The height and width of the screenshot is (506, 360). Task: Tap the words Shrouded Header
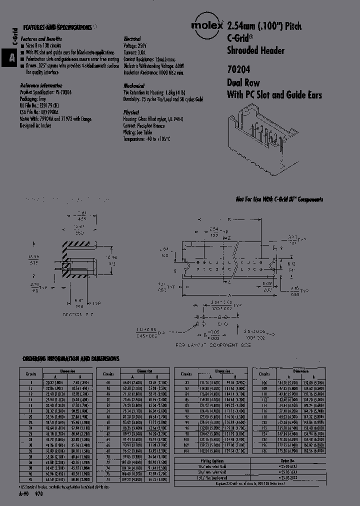(x=255, y=50)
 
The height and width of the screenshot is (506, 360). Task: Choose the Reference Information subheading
(x=41, y=85)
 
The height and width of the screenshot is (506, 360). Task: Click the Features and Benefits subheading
(x=40, y=38)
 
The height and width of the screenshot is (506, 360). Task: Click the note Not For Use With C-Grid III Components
(x=279, y=199)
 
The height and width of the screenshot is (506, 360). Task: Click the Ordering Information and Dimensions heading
(x=70, y=358)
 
